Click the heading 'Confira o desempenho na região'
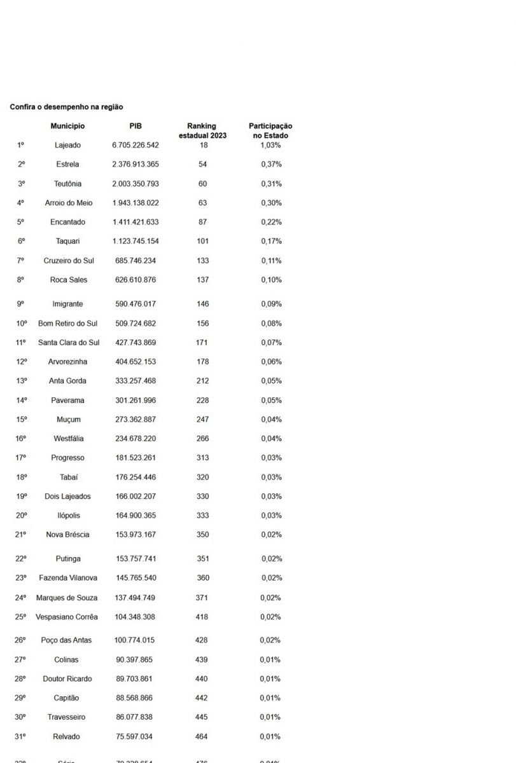pos(66,107)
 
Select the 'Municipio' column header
pos(67,126)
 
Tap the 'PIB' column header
pos(135,126)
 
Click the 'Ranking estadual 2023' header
pos(202,130)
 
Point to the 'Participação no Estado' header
pos(270,130)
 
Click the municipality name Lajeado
pos(67,145)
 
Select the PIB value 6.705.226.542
pos(135,145)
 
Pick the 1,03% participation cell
pos(270,145)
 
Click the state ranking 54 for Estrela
pos(202,164)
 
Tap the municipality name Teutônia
pos(67,184)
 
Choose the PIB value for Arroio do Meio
pos(135,203)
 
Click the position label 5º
pos(21,222)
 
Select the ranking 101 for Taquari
pos(202,241)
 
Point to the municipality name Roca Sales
pos(69,280)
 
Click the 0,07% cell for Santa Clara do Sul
pos(271,342)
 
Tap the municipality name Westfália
pos(68,438)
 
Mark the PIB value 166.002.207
pos(135,496)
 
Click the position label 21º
pos(21,534)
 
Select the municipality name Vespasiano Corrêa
pos(67,617)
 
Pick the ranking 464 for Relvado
pos(202,736)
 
